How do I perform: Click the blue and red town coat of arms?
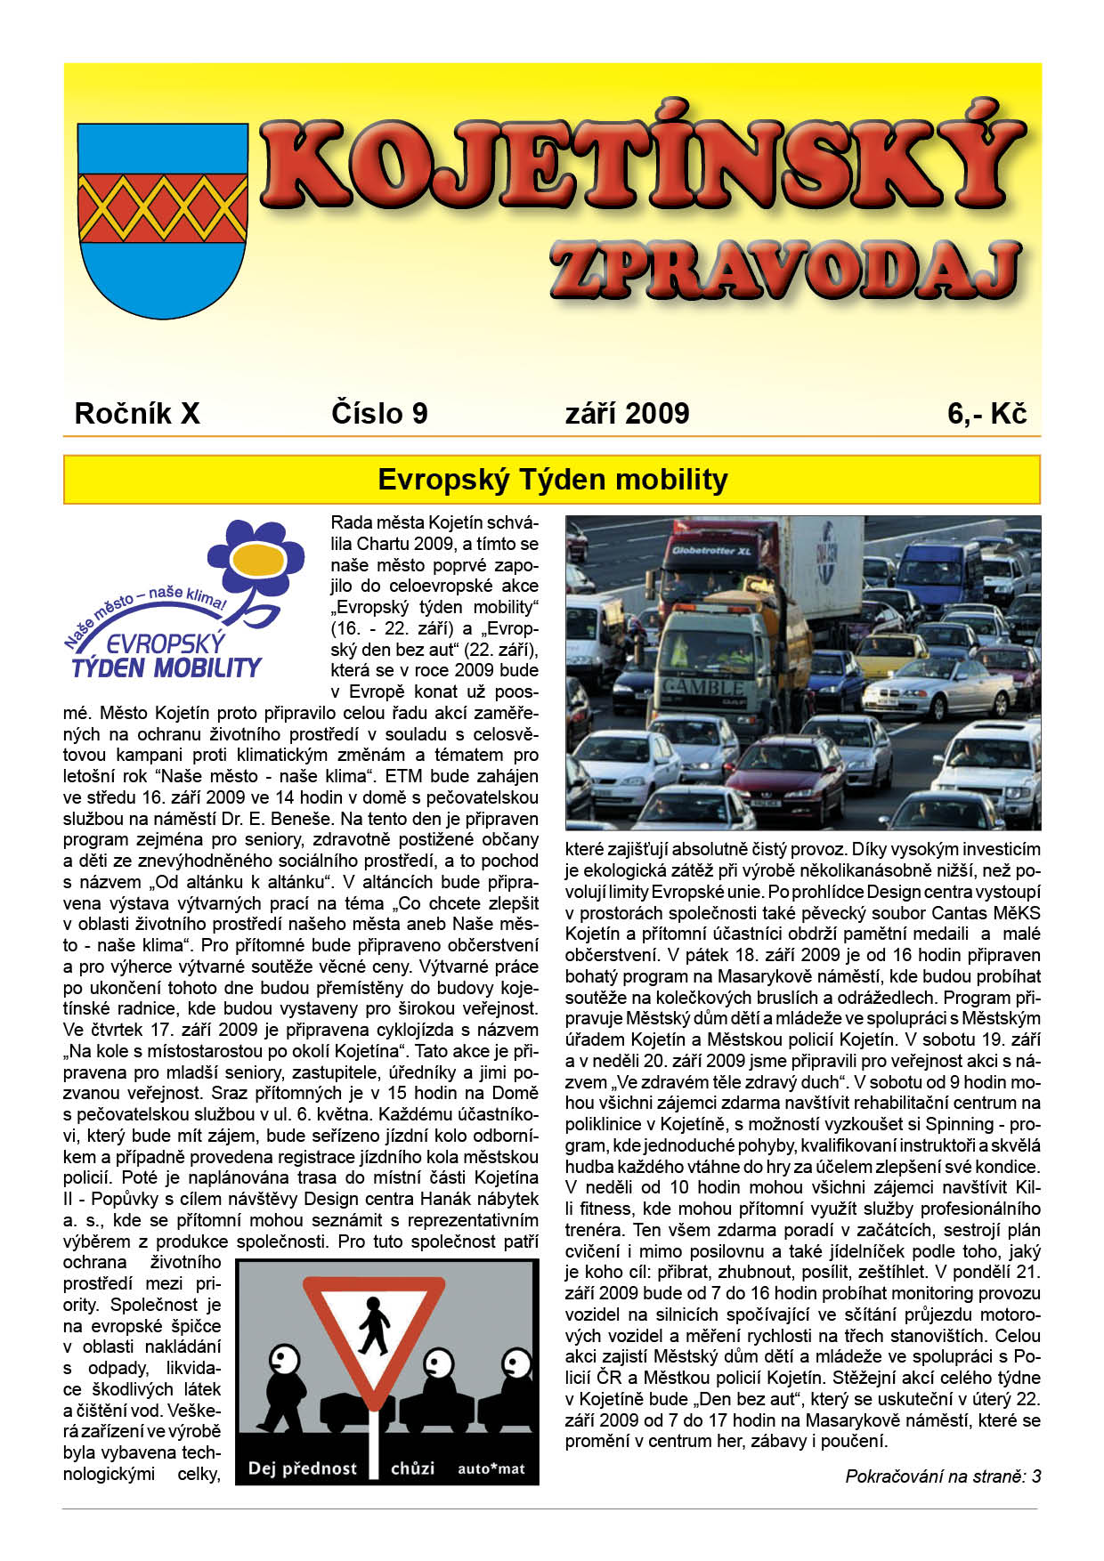pyautogui.click(x=163, y=219)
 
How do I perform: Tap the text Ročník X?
pyautogui.click(x=137, y=413)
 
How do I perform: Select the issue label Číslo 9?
pyautogui.click(x=379, y=413)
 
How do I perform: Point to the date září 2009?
pyautogui.click(x=627, y=413)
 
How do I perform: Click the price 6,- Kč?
pyautogui.click(x=986, y=413)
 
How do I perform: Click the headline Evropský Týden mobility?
pyautogui.click(x=552, y=480)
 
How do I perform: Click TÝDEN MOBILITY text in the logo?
pyautogui.click(x=166, y=667)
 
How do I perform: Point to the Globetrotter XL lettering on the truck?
pyautogui.click(x=711, y=551)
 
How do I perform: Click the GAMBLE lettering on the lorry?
pyautogui.click(x=703, y=687)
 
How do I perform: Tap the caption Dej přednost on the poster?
pyautogui.click(x=302, y=1468)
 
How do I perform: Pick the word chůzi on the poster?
pyautogui.click(x=412, y=1468)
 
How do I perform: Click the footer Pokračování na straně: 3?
pyautogui.click(x=942, y=1476)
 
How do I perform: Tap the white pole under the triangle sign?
pyautogui.click(x=374, y=1442)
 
